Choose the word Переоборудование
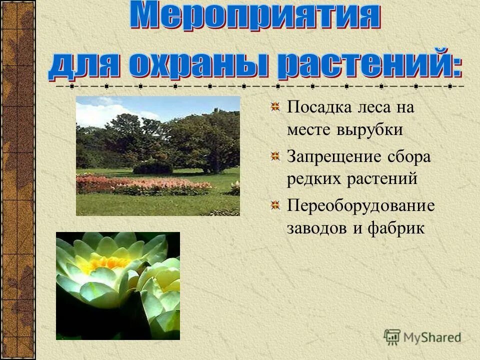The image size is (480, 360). click(x=360, y=205)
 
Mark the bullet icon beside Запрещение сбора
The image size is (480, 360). click(x=275, y=156)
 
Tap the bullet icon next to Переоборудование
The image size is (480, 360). click(x=275, y=205)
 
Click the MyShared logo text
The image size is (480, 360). click(x=432, y=337)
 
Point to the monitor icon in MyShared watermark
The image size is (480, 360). click(x=392, y=336)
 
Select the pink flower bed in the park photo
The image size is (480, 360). click(x=145, y=185)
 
